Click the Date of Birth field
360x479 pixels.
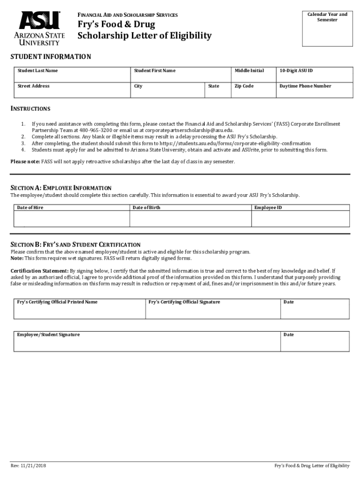[190, 218]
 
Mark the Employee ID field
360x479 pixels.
[300, 218]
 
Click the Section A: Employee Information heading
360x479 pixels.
[61, 188]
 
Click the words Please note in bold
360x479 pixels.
[25, 161]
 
